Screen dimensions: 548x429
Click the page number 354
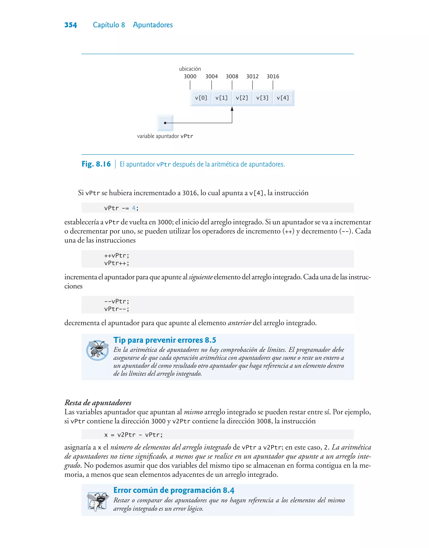[x=71, y=25]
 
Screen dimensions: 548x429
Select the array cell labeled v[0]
[x=201, y=98]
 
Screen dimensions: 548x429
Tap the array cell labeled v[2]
[x=242, y=98]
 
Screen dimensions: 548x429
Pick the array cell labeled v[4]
[x=283, y=98]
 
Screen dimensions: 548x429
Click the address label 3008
[x=232, y=76]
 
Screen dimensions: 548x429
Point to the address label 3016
[x=273, y=76]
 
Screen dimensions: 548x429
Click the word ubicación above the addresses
[x=190, y=69]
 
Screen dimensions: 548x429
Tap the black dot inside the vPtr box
[x=165, y=123]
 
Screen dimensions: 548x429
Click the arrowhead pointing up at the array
[x=232, y=109]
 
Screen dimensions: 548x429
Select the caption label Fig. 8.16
[x=96, y=164]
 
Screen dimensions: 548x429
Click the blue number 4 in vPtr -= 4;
[x=134, y=208]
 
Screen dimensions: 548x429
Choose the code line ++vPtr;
[x=116, y=256]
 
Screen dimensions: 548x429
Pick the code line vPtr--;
[x=116, y=309]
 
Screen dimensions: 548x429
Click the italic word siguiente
[x=200, y=277]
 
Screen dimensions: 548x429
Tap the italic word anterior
[x=239, y=323]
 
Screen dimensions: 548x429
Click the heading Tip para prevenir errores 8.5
[x=164, y=340]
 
